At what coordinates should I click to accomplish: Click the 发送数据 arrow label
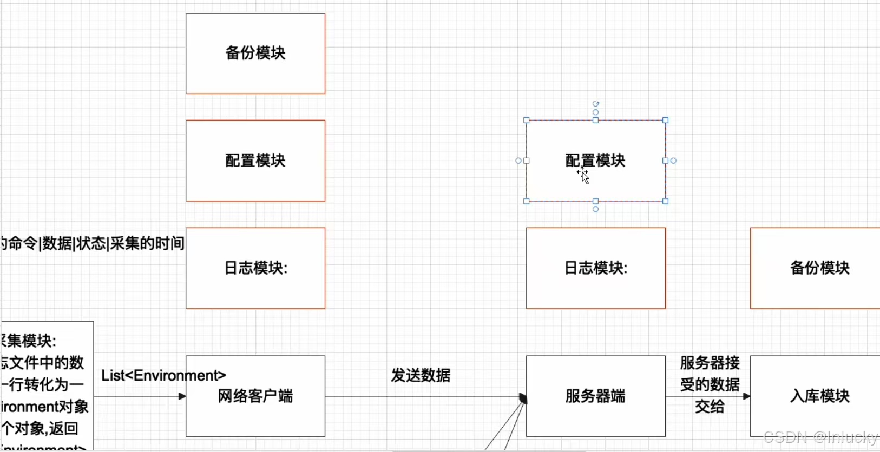pyautogui.click(x=421, y=375)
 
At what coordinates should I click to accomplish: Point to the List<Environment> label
pyautogui.click(x=163, y=375)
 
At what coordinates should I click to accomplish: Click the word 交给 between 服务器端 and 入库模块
pyautogui.click(x=710, y=407)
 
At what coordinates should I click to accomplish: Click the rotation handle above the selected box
pyautogui.click(x=595, y=104)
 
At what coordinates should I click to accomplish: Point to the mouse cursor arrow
pyautogui.click(x=584, y=177)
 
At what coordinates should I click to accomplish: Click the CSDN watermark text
pyautogui.click(x=820, y=437)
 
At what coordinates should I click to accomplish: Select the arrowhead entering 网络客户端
pyautogui.click(x=182, y=396)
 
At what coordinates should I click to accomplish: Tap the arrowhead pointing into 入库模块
pyautogui.click(x=747, y=396)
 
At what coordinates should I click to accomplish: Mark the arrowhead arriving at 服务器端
pyautogui.click(x=523, y=398)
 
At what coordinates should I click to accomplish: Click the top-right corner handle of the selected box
pyautogui.click(x=665, y=121)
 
